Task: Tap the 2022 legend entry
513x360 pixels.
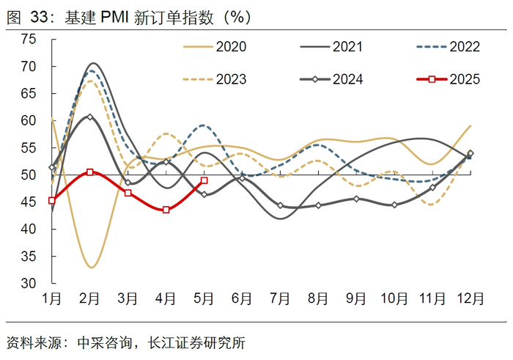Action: point(448,47)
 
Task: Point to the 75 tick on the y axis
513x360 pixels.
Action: point(29,40)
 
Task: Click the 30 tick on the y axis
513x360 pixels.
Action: point(29,284)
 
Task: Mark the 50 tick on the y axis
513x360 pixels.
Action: point(29,175)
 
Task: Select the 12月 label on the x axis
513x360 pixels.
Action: point(470,299)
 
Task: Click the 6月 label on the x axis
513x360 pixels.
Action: point(241,299)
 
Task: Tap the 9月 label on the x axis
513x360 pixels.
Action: point(355,299)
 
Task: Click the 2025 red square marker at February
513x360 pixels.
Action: point(90,172)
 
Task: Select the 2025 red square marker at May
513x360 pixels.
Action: point(204,180)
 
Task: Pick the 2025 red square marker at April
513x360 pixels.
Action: point(166,210)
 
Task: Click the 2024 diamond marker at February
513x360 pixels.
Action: point(90,117)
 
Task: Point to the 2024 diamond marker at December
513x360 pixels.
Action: point(470,154)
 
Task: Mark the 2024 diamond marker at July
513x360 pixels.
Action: point(280,205)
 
